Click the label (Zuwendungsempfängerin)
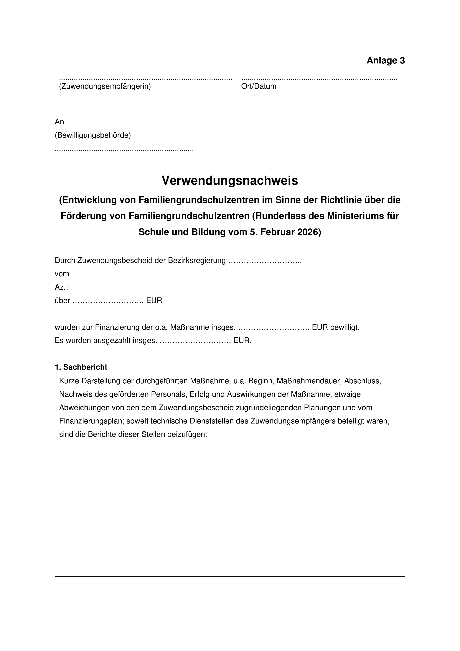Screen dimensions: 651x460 coord(105,86)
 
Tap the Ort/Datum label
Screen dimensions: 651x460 coord(259,86)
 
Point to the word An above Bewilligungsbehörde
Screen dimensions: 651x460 coord(60,122)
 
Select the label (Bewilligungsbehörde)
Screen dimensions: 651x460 coord(93,135)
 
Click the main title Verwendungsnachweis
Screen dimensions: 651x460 coord(230,181)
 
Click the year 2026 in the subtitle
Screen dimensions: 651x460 coord(309,232)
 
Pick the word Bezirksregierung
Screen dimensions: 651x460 coord(197,260)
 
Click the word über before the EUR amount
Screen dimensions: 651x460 coord(62,301)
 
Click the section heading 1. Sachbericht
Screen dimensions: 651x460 coord(81,367)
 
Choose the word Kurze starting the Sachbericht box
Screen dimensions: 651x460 coord(69,381)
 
